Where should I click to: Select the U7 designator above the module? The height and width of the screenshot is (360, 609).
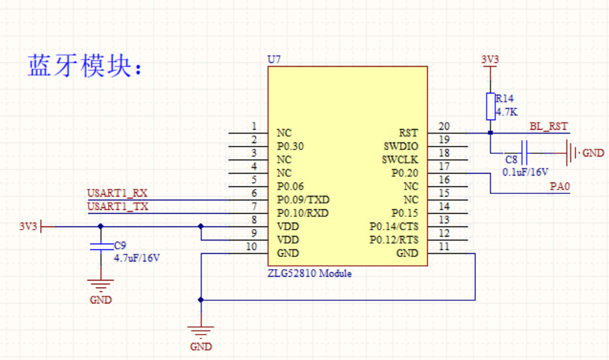point(274,59)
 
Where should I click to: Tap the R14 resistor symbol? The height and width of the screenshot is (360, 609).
point(491,106)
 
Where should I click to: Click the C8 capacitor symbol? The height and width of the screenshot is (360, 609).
point(524,153)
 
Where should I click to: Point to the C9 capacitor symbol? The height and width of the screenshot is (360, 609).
point(101,246)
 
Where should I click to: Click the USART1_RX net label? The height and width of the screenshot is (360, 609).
point(117,193)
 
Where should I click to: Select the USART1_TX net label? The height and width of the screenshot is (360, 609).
point(118,206)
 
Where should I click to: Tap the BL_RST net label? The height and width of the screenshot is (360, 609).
point(549,126)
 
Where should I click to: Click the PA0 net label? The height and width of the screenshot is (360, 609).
point(559,186)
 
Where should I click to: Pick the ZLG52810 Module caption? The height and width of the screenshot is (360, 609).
point(309,273)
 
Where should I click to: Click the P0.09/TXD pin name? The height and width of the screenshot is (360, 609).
point(303,200)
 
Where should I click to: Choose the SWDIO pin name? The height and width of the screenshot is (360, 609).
point(401,146)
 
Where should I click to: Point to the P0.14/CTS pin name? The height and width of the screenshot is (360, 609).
point(394,226)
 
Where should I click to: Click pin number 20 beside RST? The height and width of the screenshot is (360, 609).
point(444,126)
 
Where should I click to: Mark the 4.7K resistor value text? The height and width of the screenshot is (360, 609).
point(507,112)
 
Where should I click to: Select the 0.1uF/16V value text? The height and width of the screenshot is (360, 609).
point(525,172)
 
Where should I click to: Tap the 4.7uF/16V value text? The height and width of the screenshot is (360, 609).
point(137,258)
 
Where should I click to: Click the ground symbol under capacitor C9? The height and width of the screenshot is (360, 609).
point(101,286)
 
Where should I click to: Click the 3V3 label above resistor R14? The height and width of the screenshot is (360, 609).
point(490,59)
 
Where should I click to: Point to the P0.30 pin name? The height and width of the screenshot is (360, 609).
point(290,146)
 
